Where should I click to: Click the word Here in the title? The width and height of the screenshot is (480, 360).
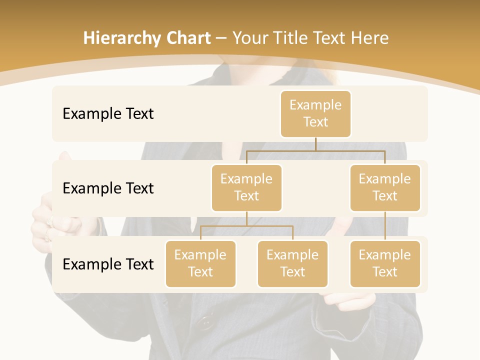pos(368,38)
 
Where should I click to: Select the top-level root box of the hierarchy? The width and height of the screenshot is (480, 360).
pos(315,114)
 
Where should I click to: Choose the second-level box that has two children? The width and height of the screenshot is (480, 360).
pos(246,188)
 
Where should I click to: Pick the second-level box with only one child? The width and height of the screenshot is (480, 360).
pos(385,188)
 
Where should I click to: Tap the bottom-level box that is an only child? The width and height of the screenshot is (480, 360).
pos(385,264)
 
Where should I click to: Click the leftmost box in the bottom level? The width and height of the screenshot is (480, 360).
pos(200,264)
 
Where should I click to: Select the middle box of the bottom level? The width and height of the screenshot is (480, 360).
pos(292,264)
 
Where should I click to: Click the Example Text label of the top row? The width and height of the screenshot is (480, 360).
pos(108,114)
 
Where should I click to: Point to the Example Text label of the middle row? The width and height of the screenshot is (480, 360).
pos(108,188)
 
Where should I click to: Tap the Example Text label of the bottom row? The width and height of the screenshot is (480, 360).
pos(108,264)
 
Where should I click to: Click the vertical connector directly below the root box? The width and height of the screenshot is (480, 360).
pos(315,144)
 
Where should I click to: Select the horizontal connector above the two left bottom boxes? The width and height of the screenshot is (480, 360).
pos(246,226)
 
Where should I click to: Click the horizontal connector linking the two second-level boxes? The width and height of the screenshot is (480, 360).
pos(315,150)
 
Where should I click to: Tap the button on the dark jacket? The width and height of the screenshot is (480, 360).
pos(203,323)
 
